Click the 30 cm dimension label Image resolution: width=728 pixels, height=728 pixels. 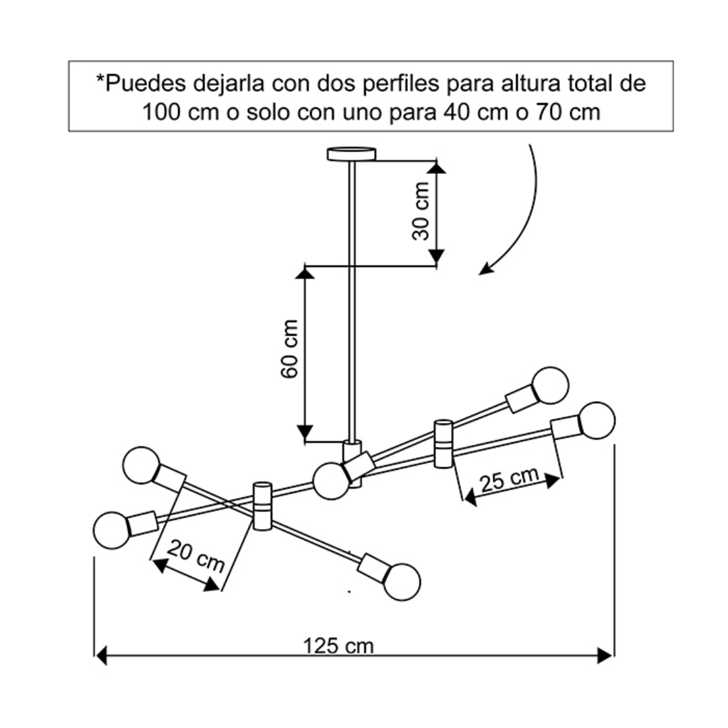click(x=421, y=211)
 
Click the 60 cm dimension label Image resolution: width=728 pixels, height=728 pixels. click(x=289, y=349)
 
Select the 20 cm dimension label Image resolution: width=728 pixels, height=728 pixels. click(x=196, y=555)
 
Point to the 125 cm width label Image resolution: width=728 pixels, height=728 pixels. click(x=338, y=646)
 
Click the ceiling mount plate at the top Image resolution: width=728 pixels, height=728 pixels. click(x=351, y=154)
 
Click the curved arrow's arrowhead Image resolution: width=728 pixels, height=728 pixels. click(x=485, y=269)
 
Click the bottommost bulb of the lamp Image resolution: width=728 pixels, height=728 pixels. click(x=402, y=582)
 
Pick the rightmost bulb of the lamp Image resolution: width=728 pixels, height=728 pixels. click(x=597, y=421)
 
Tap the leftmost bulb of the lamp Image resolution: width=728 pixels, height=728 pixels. click(x=111, y=530)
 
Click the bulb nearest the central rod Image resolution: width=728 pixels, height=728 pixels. click(x=331, y=481)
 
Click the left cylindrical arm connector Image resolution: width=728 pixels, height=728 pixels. click(x=262, y=506)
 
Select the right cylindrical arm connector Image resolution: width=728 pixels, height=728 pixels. click(x=443, y=444)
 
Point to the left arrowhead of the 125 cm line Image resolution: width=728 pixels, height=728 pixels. click(x=100, y=656)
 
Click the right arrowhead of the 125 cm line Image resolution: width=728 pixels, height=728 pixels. click(x=605, y=656)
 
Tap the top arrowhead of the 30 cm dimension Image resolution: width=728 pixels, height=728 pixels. click(x=436, y=167)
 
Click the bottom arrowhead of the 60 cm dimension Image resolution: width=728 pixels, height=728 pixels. click(x=305, y=432)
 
